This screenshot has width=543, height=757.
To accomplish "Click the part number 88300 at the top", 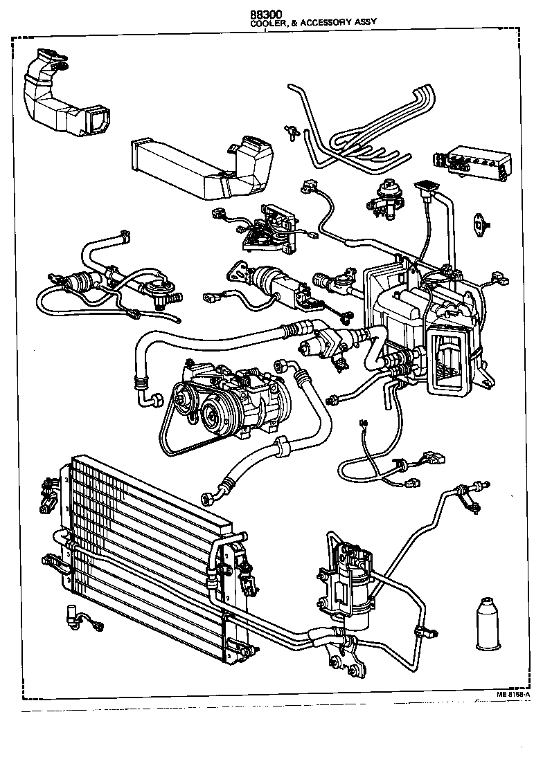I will (267, 14).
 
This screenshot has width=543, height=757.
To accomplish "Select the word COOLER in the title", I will (267, 23).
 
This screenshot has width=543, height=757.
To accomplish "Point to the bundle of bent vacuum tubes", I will (360, 131).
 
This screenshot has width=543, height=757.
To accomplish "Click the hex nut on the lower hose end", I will (206, 498).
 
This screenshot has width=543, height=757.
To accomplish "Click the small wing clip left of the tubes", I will (290, 130).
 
